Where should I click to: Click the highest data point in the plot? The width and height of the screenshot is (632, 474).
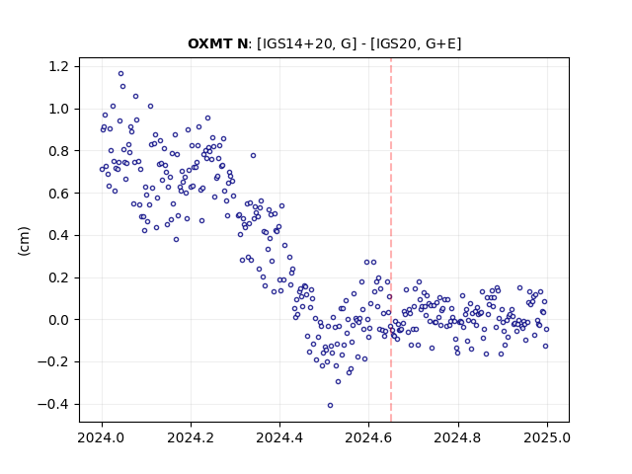pyautogui.click(x=120, y=74)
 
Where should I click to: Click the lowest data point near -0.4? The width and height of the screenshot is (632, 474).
pyautogui.click(x=330, y=406)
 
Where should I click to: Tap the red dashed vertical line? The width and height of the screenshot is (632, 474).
pyautogui.click(x=391, y=240)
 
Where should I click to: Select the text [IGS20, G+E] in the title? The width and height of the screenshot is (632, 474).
pyautogui.click(x=416, y=43)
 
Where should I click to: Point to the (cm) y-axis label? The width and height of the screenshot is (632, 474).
pyautogui.click(x=24, y=241)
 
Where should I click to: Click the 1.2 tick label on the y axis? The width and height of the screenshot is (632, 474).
pyautogui.click(x=60, y=66)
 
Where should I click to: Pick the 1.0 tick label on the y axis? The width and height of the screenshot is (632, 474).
pyautogui.click(x=60, y=109)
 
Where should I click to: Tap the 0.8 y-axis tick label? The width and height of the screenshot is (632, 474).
pyautogui.click(x=60, y=151)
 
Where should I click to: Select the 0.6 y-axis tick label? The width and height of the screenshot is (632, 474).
pyautogui.click(x=60, y=194)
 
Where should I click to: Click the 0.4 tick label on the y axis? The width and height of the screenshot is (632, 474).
pyautogui.click(x=60, y=235)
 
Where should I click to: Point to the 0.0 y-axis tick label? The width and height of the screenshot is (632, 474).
pyautogui.click(x=60, y=320)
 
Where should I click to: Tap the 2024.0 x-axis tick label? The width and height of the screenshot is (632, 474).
pyautogui.click(x=101, y=437)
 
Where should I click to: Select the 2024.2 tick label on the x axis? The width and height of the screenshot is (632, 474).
pyautogui.click(x=191, y=437)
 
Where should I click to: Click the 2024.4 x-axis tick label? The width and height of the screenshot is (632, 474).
pyautogui.click(x=279, y=437)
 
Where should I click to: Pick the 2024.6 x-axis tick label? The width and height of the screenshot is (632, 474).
pyautogui.click(x=368, y=437)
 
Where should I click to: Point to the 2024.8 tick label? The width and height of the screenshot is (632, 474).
pyautogui.click(x=457, y=437)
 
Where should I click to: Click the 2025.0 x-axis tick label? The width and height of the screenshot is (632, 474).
pyautogui.click(x=547, y=437)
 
